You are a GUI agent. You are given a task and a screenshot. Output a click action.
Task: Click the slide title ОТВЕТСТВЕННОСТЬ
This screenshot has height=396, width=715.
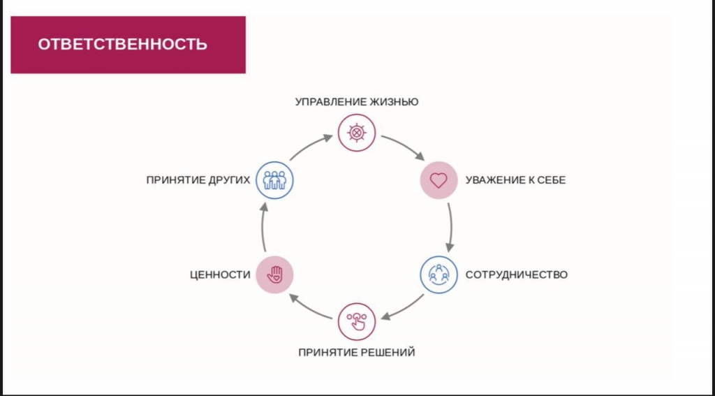click(122, 44)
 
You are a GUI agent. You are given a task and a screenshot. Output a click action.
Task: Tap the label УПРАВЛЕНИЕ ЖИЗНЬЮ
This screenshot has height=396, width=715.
click(357, 101)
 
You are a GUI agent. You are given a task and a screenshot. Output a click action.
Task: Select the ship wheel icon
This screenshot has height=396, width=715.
click(357, 133)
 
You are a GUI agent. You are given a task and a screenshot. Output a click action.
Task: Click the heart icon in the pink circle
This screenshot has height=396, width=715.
click(438, 180)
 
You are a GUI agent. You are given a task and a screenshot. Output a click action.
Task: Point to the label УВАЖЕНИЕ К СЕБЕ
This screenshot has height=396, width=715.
click(515, 180)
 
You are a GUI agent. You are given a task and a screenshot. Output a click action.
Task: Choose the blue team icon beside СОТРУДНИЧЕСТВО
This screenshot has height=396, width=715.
click(438, 274)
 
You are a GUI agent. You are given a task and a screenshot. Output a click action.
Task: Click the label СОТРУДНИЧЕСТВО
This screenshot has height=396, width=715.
click(516, 274)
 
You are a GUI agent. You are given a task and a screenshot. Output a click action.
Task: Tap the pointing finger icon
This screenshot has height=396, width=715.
click(357, 322)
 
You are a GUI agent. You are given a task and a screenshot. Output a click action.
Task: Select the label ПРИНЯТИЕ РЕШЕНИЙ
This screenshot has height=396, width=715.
click(357, 353)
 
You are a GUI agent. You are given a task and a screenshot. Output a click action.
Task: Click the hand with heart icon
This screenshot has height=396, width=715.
click(274, 274)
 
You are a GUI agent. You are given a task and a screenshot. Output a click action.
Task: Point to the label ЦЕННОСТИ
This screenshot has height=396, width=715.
click(220, 274)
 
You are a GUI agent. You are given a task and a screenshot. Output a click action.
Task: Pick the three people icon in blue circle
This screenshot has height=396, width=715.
click(274, 180)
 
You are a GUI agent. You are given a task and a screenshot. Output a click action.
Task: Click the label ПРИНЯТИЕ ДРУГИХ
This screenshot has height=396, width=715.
click(198, 180)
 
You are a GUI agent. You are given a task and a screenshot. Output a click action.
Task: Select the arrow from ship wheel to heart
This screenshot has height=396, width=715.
click(404, 145)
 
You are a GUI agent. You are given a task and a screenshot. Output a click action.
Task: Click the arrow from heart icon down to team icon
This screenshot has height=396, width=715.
click(451, 227)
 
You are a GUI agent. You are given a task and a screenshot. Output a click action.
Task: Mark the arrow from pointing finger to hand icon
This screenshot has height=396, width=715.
click(310, 307)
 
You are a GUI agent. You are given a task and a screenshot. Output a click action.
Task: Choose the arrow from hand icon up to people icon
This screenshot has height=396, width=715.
click(263, 227)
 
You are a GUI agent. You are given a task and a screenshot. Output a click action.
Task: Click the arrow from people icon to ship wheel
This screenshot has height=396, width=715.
click(310, 147)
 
